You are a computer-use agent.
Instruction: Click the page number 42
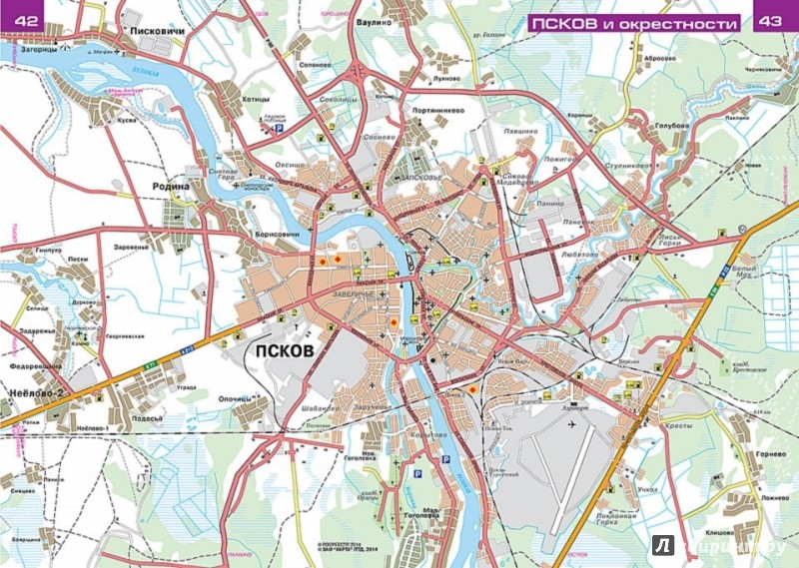[x=21, y=19]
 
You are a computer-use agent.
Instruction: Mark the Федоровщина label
[x=34, y=366]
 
